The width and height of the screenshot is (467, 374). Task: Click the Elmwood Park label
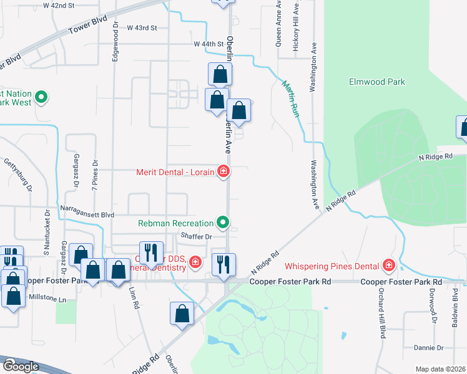(x=377, y=82)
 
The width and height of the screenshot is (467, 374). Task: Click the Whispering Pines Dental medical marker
(x=389, y=266)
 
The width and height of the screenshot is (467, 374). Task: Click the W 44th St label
(x=209, y=44)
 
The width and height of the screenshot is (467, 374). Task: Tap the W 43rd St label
(x=142, y=28)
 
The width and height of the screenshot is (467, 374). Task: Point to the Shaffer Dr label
(x=196, y=236)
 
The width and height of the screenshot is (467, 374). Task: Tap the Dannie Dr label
(x=428, y=348)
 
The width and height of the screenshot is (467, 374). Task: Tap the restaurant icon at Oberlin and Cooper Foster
(x=224, y=264)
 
